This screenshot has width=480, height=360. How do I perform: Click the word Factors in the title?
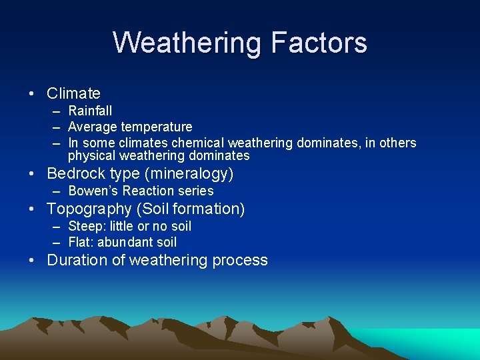[319, 43]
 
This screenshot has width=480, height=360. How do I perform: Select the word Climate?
[73, 93]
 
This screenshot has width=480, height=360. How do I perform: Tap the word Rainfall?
[90, 111]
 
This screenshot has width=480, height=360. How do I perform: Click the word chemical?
[198, 143]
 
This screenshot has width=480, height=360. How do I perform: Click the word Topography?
[89, 209]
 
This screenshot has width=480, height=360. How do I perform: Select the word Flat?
[81, 243]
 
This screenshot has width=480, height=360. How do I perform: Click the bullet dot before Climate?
[31, 93]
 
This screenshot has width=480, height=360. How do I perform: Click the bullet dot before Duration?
[31, 260]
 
